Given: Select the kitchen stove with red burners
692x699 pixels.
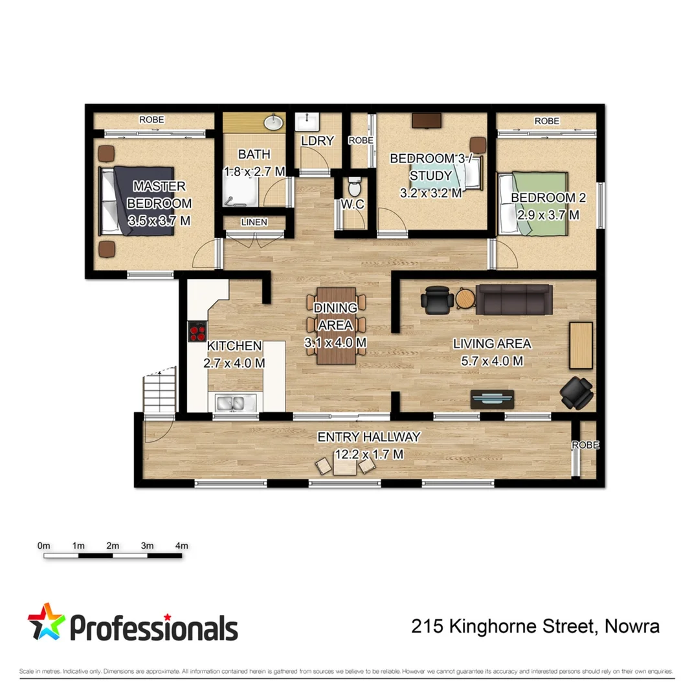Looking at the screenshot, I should click(x=196, y=332).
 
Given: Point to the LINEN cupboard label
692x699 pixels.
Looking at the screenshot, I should click(x=253, y=223).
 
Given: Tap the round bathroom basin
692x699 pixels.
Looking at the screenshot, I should click(x=274, y=122).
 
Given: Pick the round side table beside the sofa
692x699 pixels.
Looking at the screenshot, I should click(x=465, y=298).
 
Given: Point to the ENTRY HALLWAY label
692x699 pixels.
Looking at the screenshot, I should click(x=369, y=438).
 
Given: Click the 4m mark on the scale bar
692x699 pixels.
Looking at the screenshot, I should click(x=181, y=546).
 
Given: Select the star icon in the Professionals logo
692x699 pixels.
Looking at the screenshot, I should click(x=47, y=623).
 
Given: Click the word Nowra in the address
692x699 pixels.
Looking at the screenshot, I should click(x=634, y=627).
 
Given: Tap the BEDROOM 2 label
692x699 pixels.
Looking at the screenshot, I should click(x=543, y=197).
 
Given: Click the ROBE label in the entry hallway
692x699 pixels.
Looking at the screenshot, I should click(x=586, y=445).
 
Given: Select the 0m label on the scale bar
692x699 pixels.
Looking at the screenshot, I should click(x=45, y=546).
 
